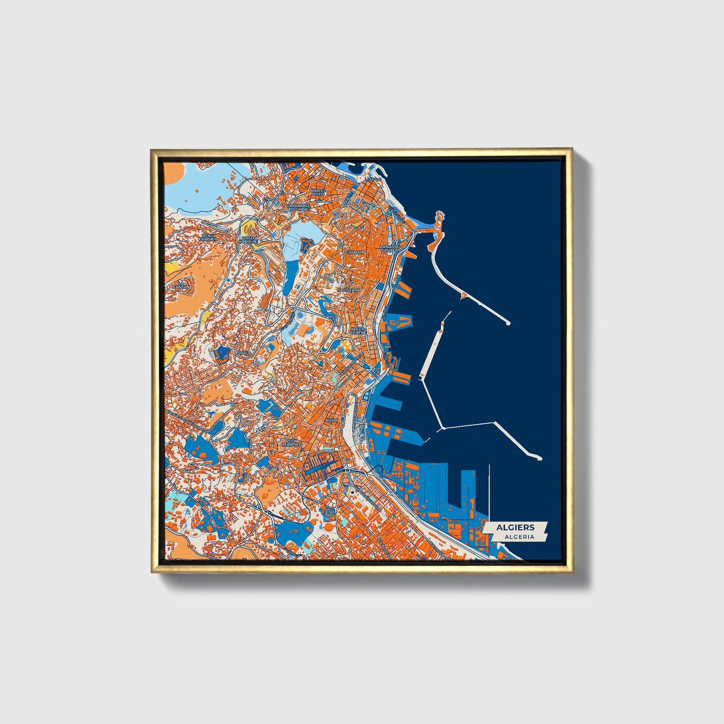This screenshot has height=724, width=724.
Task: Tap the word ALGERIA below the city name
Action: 519,537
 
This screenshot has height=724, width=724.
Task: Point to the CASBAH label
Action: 354,252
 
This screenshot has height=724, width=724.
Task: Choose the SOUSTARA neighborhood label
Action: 349,290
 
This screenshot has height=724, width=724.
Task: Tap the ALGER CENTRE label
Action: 358,331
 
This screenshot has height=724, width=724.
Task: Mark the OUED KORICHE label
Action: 249,239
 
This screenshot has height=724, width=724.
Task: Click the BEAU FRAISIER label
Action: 208,237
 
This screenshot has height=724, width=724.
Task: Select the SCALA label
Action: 245,353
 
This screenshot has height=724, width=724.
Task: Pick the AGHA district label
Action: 332,420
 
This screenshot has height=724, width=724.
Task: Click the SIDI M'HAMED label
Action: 291,442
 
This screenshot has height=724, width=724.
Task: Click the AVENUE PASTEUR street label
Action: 349,366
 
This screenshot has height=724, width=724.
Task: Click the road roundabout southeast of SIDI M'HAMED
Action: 346,470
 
